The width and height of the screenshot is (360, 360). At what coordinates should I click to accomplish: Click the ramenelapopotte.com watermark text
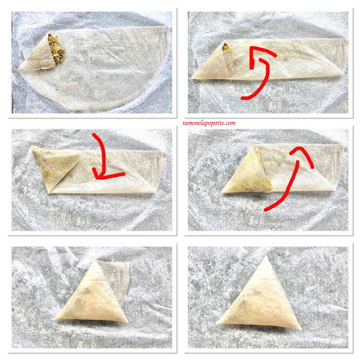point(209,123)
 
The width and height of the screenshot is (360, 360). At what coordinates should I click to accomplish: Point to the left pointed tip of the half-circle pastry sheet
point(18,68)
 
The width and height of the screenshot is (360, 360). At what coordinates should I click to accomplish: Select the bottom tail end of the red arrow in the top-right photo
point(243,98)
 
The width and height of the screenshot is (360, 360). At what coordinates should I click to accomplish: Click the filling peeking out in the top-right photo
point(225,47)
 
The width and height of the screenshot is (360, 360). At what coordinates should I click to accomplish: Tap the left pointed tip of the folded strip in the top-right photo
point(192,78)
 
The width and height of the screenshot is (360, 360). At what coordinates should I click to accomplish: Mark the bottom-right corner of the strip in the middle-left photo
point(155,192)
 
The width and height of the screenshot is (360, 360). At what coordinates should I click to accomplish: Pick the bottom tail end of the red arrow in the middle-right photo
point(266,210)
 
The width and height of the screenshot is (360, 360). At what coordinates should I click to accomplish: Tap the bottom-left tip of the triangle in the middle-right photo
point(222,192)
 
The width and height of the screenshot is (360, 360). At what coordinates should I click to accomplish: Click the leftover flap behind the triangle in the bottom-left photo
point(116,279)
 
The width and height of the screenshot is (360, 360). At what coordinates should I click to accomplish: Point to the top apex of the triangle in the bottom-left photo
point(96,261)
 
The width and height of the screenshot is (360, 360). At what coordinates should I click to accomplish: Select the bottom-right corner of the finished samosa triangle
point(301,329)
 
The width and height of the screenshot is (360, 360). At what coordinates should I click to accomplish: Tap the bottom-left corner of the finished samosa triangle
point(217,323)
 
